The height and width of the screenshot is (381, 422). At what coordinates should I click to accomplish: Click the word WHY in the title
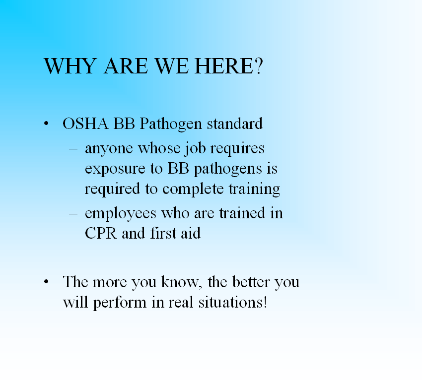(70, 66)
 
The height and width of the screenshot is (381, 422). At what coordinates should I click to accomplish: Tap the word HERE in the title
(223, 66)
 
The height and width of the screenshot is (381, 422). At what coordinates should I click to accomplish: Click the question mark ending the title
(258, 66)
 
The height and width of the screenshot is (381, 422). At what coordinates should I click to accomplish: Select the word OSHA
(85, 124)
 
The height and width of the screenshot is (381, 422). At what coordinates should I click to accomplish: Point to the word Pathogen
(171, 124)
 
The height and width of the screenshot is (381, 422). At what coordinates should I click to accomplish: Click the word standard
(234, 124)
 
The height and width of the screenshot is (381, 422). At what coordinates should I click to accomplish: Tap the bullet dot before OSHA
(46, 124)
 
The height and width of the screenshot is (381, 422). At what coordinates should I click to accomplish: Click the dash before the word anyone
(73, 148)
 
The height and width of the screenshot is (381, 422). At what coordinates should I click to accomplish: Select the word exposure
(115, 169)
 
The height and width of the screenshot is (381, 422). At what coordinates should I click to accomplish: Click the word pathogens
(228, 169)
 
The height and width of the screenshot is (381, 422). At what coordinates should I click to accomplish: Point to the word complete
(193, 189)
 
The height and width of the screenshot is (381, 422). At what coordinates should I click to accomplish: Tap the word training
(254, 190)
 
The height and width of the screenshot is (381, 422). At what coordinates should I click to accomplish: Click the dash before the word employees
(73, 213)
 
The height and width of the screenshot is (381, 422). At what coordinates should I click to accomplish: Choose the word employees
(121, 214)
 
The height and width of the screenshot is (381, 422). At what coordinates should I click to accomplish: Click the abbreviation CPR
(101, 233)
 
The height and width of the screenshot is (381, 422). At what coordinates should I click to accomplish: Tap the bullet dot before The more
(46, 282)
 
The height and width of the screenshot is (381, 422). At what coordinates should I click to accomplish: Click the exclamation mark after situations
(266, 302)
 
